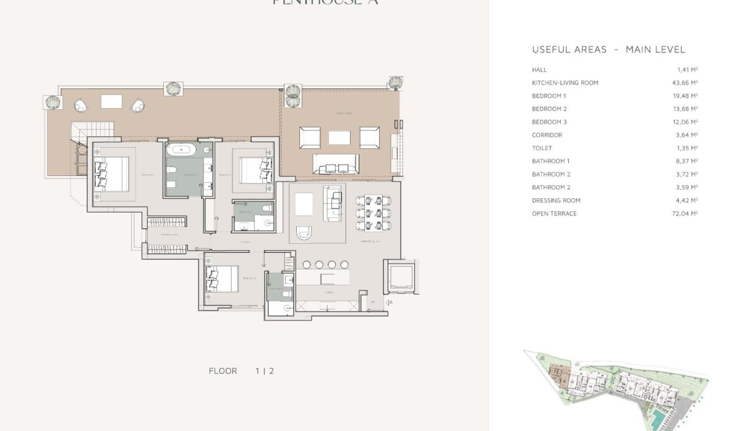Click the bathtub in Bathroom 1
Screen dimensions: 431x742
click(x=182, y=149)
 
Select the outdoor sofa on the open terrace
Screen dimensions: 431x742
click(x=336, y=164)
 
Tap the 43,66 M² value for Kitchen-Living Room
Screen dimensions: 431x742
click(x=686, y=83)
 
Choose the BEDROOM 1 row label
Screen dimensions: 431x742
click(x=548, y=96)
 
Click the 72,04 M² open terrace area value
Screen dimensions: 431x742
click(x=686, y=214)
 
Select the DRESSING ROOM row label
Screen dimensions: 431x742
click(x=556, y=200)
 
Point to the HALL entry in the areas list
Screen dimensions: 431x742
click(x=539, y=70)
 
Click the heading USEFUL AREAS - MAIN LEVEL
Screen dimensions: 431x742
click(x=608, y=49)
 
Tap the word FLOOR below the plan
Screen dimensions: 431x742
click(x=223, y=371)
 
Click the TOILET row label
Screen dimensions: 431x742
click(x=542, y=148)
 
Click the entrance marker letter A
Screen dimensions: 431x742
click(x=390, y=302)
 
